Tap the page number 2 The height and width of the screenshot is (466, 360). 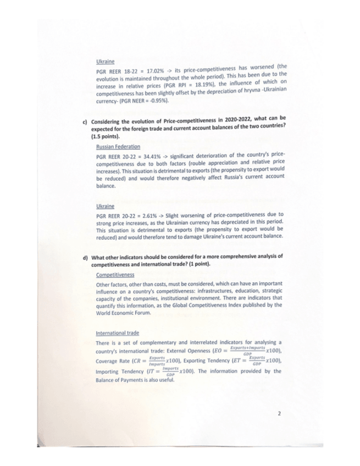pos(279,414)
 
